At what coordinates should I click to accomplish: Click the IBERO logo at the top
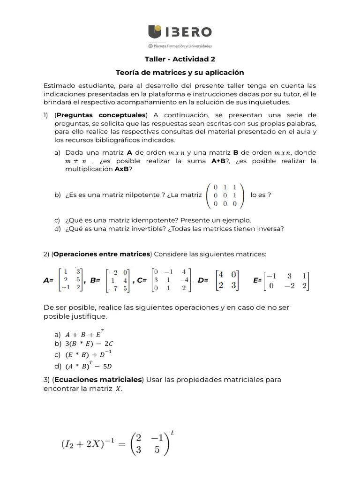[180, 32]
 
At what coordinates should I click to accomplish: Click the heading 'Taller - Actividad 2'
[180, 59]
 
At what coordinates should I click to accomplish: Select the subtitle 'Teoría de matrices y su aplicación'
[180, 73]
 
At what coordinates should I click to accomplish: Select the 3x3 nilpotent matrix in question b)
[225, 195]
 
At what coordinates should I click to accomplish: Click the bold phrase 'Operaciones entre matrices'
[102, 254]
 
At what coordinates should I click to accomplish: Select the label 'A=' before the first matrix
[48, 280]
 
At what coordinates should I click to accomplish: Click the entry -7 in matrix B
[113, 288]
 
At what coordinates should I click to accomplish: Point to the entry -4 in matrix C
[184, 280]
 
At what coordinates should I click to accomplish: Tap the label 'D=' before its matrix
[203, 280]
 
